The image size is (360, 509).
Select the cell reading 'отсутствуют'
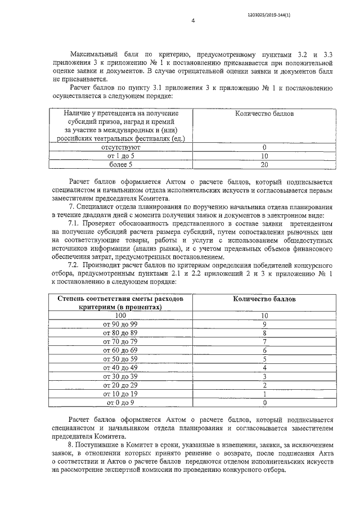point(117,147)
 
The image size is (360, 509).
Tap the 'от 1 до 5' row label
point(117,156)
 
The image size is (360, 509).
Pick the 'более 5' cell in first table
point(117,165)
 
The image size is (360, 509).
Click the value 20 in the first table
point(264,165)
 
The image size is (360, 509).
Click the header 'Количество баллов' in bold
point(264,299)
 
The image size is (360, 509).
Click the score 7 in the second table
point(264,342)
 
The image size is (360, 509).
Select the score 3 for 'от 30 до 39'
point(264,376)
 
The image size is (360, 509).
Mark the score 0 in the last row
point(264,403)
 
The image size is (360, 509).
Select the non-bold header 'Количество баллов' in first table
point(264,114)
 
